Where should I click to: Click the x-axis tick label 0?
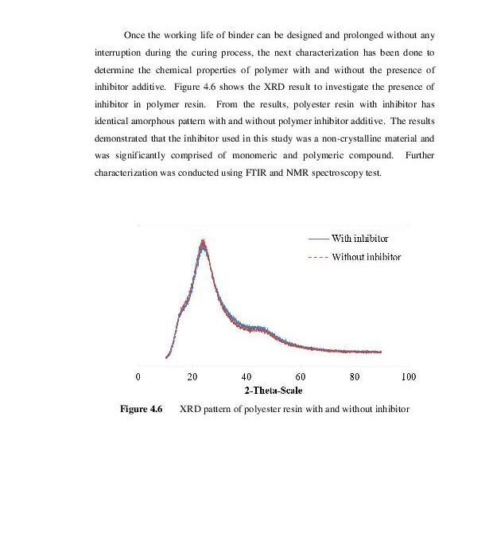pos(138,376)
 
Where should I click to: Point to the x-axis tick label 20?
pos(192,376)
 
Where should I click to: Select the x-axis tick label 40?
pos(246,376)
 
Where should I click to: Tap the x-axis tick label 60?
pos(301,376)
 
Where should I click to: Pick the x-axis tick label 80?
pos(355,376)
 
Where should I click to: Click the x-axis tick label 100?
pos(409,376)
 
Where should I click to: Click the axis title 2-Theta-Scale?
pos(273,390)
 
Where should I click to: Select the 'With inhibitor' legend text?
pos(360,238)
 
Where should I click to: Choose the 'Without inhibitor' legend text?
pos(367,257)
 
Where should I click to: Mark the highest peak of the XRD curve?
pos(204,241)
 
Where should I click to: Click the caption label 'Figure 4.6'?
pos(141,408)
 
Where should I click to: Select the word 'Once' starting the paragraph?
pos(135,36)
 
